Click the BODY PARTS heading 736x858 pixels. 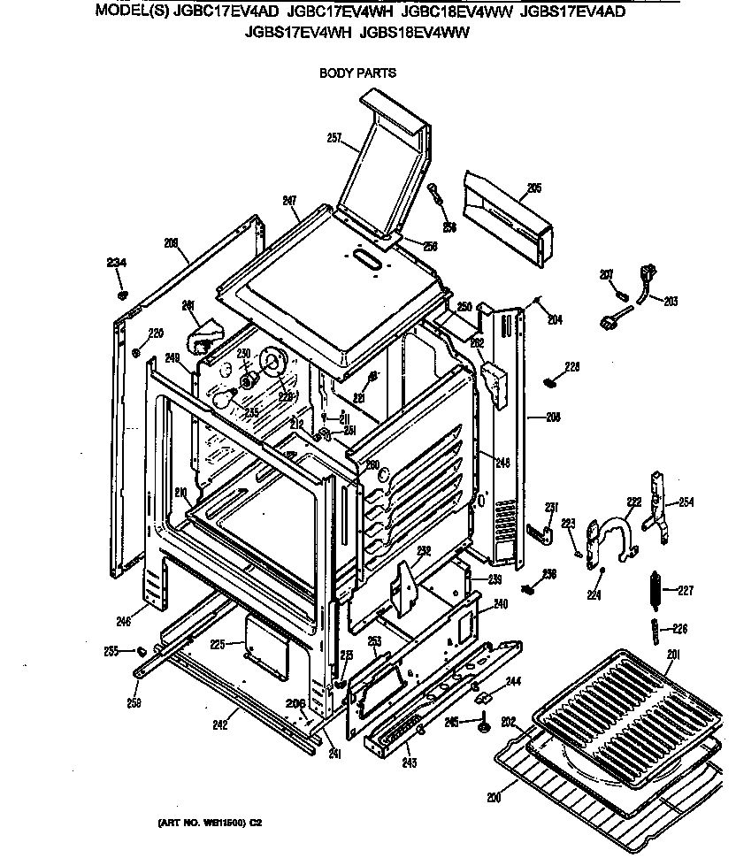pyautogui.click(x=357, y=73)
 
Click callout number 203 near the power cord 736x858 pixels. pyautogui.click(x=669, y=301)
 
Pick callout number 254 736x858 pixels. pyautogui.click(x=686, y=502)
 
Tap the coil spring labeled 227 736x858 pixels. pyautogui.click(x=656, y=590)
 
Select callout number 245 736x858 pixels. pyautogui.click(x=451, y=723)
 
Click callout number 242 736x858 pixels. pyautogui.click(x=220, y=725)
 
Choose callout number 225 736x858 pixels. pyautogui.click(x=216, y=645)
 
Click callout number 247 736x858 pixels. pyautogui.click(x=288, y=201)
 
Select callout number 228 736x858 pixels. pyautogui.click(x=572, y=366)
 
